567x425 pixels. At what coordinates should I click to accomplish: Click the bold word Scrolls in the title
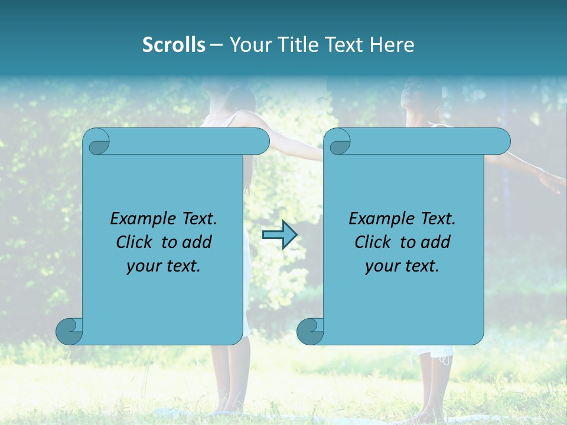click(x=174, y=44)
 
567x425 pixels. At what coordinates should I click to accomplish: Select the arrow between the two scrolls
click(x=279, y=235)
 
